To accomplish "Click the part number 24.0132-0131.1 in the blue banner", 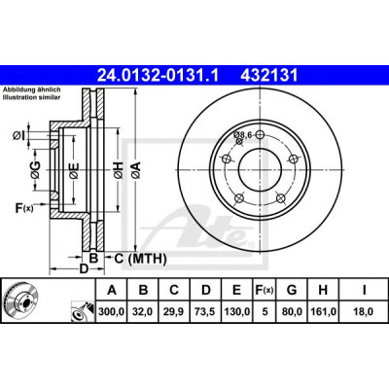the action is [159, 76].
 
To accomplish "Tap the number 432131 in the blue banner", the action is [268, 76].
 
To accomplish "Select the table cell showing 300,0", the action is [112, 311].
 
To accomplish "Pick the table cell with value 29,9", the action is [174, 311].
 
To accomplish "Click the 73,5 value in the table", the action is [205, 311].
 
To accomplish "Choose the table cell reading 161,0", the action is [323, 311].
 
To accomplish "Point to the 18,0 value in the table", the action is [364, 311].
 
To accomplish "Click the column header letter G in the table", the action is [292, 290].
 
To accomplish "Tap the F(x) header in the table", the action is [265, 290].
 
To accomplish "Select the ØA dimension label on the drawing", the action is [136, 169].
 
